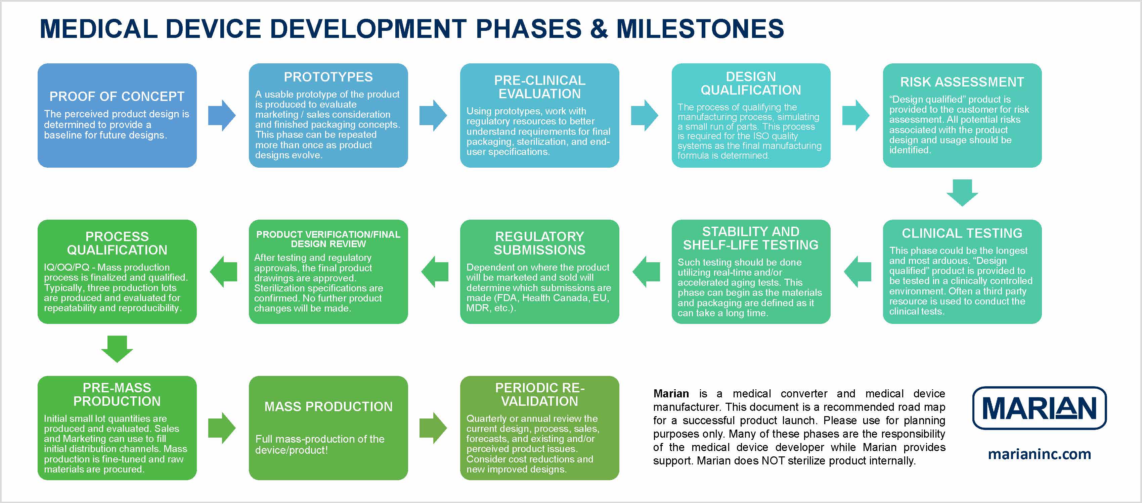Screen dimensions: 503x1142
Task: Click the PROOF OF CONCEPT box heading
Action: click(x=117, y=96)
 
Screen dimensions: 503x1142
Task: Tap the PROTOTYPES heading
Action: click(x=328, y=77)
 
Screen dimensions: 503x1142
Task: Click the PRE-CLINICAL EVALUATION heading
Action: click(x=539, y=87)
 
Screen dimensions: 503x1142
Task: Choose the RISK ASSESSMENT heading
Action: click(x=962, y=82)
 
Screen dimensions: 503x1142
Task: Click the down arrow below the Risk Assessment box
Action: click(x=962, y=192)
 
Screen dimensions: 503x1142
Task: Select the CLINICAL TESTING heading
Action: click(x=962, y=233)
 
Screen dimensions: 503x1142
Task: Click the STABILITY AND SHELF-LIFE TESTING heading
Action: click(x=751, y=238)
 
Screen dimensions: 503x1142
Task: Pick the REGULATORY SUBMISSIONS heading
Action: click(x=539, y=243)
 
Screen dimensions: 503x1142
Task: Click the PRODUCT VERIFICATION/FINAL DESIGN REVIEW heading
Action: click(x=328, y=239)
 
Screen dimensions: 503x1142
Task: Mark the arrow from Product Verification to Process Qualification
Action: click(x=223, y=271)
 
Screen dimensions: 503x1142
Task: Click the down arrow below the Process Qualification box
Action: click(x=117, y=349)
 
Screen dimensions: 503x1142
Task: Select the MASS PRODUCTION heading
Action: click(x=328, y=406)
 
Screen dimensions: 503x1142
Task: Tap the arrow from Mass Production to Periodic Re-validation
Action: click(x=433, y=428)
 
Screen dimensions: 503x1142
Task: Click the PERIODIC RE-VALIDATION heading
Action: click(x=539, y=394)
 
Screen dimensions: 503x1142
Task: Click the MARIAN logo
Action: click(x=1039, y=408)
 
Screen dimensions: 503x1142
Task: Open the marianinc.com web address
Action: click(x=1039, y=454)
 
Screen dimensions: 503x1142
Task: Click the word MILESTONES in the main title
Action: click(x=700, y=29)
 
